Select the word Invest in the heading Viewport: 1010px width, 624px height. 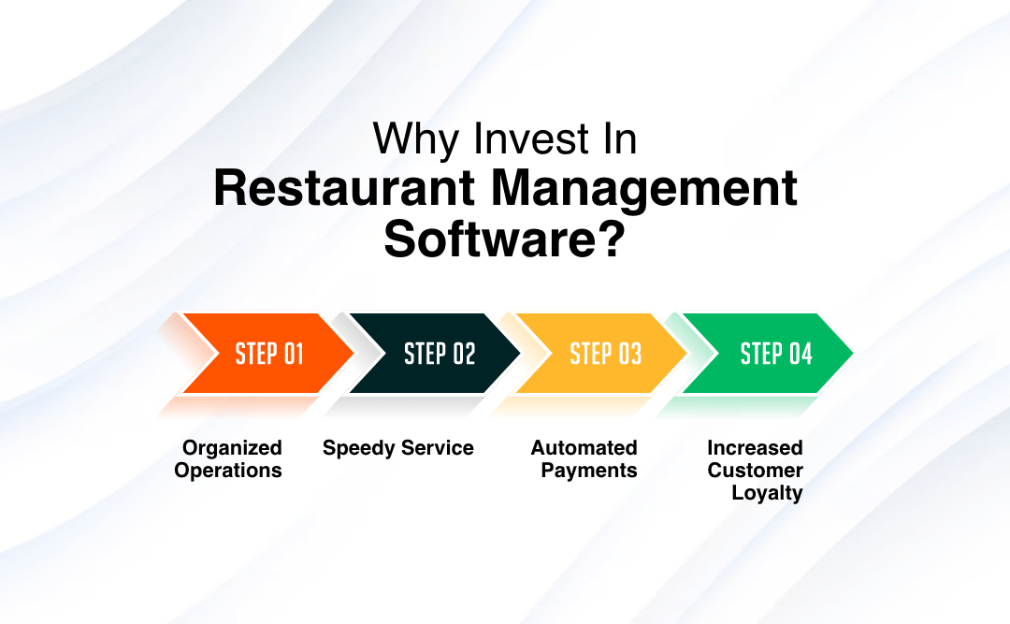point(519,140)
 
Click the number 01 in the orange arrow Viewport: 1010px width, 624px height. point(294,354)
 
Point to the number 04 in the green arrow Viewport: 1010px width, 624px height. point(801,354)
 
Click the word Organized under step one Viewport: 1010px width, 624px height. point(232,448)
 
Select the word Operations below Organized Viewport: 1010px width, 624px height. point(228,471)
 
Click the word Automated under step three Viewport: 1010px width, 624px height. point(584,448)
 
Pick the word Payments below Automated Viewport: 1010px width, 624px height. point(589,471)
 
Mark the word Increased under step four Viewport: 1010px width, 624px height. point(755,448)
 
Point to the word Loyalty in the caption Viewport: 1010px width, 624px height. point(767,493)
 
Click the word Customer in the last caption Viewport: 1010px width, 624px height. point(755,471)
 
